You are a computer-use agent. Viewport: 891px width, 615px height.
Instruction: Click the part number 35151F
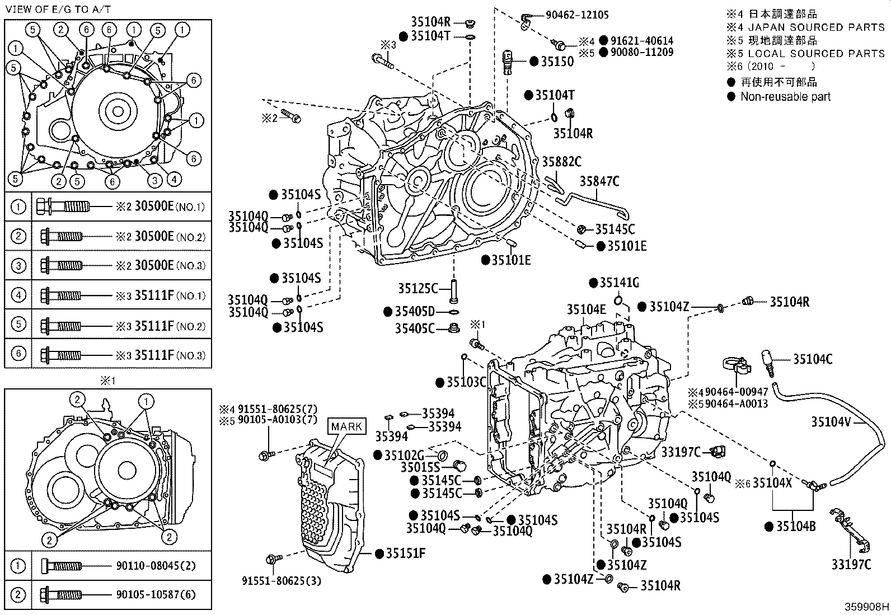click(405, 553)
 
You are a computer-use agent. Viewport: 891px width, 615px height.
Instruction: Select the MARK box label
click(346, 426)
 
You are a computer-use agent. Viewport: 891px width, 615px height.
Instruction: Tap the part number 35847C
click(599, 181)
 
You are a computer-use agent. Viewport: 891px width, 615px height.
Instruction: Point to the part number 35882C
click(561, 162)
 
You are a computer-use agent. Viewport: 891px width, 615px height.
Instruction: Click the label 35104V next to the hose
click(831, 422)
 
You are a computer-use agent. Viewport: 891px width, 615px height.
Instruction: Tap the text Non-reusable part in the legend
click(785, 96)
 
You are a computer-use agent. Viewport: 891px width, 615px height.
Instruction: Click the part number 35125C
click(418, 289)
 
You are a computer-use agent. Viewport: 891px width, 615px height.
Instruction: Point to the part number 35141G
click(619, 283)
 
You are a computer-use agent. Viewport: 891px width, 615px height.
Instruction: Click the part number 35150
click(557, 62)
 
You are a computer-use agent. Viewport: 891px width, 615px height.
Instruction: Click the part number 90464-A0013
click(736, 403)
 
